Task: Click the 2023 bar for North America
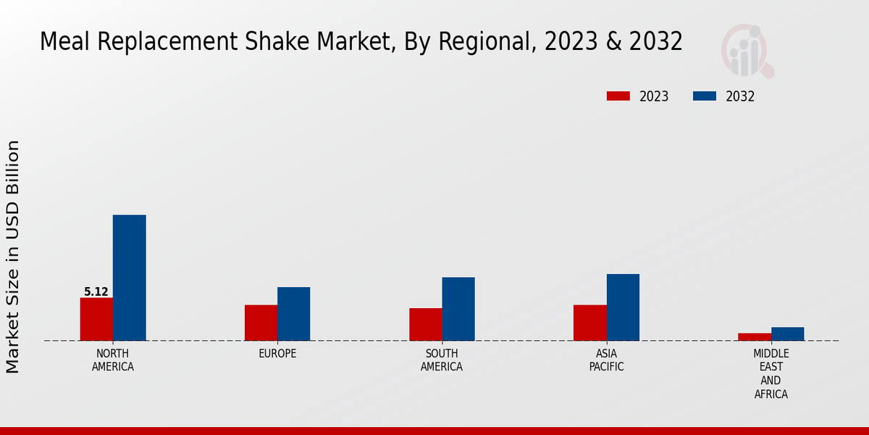tap(96, 319)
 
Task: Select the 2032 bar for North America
tap(129, 278)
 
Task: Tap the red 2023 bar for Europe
tap(261, 323)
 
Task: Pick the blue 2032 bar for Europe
tap(293, 314)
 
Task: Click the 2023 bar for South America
tap(425, 324)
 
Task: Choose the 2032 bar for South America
tap(458, 309)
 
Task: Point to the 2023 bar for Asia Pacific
tap(589, 323)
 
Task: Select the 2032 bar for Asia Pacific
tap(623, 307)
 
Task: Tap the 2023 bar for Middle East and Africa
tap(755, 336)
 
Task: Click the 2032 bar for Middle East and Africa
tap(787, 333)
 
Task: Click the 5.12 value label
tap(96, 292)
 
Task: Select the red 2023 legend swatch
tap(618, 96)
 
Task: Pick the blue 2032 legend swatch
tap(705, 96)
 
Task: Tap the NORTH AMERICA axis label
tap(113, 360)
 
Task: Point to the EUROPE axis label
tap(277, 354)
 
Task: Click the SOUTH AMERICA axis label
tap(442, 360)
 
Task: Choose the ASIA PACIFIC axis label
tap(607, 360)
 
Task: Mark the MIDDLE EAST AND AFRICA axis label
tap(771, 374)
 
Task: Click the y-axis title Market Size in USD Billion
tap(13, 257)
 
